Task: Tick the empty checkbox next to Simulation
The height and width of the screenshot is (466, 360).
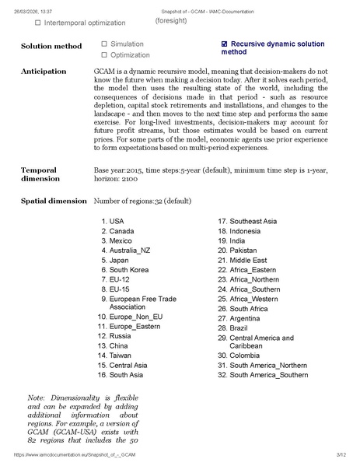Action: [x=104, y=44]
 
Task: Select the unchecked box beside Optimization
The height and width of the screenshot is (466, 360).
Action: [x=104, y=55]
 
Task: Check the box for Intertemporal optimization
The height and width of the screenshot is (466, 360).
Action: [x=38, y=23]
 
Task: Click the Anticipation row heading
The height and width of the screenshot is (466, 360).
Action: [x=44, y=72]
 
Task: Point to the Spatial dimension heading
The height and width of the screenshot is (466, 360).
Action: [x=54, y=201]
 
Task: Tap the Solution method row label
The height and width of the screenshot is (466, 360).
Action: [x=51, y=46]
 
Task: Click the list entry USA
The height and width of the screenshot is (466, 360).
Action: [x=116, y=222]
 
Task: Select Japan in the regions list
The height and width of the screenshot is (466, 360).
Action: [x=119, y=261]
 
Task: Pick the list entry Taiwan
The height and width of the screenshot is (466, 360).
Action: [x=120, y=356]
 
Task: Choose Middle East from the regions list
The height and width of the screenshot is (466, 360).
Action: [x=248, y=261]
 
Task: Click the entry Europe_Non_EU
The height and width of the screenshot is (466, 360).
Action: [x=136, y=317]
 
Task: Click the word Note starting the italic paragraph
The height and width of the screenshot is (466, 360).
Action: [x=37, y=398]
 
